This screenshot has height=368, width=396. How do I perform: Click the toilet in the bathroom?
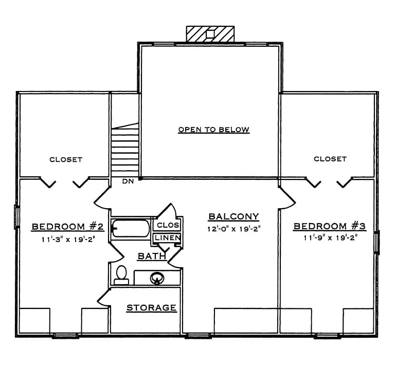coord(121,275)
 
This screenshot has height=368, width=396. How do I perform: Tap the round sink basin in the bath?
coord(157,279)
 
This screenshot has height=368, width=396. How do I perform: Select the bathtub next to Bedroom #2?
coord(131,228)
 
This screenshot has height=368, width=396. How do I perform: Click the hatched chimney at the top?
coord(210,34)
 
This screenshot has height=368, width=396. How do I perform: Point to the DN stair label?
coord(128,181)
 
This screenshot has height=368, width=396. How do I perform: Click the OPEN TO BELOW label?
coord(213,130)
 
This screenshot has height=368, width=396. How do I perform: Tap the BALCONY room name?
coord(233,216)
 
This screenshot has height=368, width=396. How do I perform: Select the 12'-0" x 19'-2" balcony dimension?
coord(234,229)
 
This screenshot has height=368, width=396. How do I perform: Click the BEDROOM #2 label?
coord(68,227)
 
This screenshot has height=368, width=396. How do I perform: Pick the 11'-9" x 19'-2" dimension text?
coord(330,237)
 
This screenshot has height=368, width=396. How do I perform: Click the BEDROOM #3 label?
coord(330,226)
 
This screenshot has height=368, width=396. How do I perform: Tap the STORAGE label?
coord(151,308)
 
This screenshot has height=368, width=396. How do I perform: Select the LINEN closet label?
coord(168,238)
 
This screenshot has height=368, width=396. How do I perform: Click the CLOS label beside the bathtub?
coord(168,225)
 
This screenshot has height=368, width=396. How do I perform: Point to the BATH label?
coord(152,256)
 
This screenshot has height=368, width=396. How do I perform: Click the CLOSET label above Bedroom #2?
coord(66,159)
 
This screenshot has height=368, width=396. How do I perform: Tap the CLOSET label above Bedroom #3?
coord(330,159)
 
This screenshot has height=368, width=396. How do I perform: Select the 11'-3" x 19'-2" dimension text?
coord(68,239)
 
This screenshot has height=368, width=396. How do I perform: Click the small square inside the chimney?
coord(210,34)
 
